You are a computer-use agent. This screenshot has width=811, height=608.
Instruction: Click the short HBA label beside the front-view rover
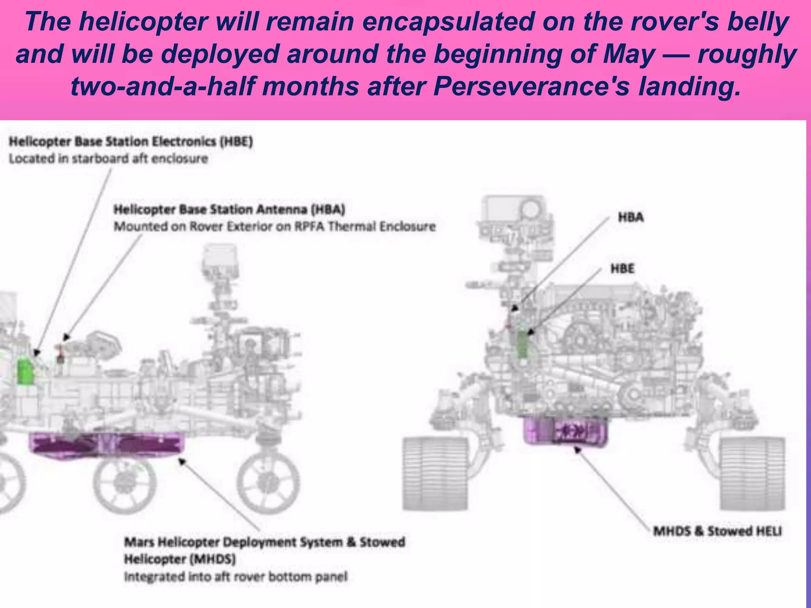(630, 217)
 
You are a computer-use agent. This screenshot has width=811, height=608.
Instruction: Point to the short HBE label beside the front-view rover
(622, 269)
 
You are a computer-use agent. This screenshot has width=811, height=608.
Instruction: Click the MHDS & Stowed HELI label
(717, 531)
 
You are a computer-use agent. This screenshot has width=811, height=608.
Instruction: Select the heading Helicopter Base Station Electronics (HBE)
(131, 141)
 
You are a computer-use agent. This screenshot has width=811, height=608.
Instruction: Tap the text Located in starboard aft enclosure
(108, 159)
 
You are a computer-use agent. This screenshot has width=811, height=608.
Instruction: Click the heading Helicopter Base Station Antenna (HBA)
(229, 209)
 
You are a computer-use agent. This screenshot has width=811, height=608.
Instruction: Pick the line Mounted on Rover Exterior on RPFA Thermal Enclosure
(274, 226)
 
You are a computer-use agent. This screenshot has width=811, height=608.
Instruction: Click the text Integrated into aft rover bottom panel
(236, 577)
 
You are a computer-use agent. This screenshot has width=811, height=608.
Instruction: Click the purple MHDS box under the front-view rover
(565, 430)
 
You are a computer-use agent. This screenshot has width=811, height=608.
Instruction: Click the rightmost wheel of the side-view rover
(268, 482)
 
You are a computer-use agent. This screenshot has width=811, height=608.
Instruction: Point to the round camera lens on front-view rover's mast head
(531, 209)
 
